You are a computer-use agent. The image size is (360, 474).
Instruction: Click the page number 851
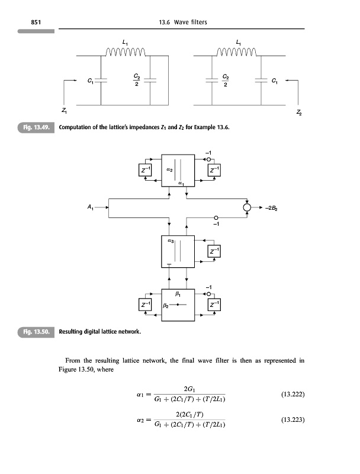[36, 22]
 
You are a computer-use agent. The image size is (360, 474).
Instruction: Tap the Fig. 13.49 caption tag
[36, 127]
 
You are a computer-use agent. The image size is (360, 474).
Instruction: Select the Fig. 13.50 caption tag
[36, 332]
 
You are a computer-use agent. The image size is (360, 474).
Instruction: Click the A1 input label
[91, 207]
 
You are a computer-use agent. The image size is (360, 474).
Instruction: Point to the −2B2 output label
[271, 208]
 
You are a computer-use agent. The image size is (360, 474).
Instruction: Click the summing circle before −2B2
[247, 207]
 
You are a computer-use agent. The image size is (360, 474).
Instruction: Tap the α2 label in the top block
[169, 170]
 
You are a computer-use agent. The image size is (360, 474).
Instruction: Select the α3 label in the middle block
[171, 241]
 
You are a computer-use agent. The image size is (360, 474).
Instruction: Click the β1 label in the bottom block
[178, 293]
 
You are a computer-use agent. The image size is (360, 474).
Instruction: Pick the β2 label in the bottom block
[166, 305]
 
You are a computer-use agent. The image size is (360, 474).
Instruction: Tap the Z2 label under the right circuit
[298, 113]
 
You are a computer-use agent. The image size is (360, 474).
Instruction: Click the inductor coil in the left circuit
[126, 52]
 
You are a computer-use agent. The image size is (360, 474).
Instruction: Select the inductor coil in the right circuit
[237, 52]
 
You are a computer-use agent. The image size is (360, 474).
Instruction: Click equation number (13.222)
[292, 394]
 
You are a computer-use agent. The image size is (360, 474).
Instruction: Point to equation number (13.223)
[292, 419]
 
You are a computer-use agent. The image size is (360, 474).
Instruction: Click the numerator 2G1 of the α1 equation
[189, 389]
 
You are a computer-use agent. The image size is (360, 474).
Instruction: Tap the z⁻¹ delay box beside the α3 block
[214, 251]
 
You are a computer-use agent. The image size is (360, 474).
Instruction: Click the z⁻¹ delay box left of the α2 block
[145, 169]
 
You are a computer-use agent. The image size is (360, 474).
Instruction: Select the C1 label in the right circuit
[275, 81]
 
